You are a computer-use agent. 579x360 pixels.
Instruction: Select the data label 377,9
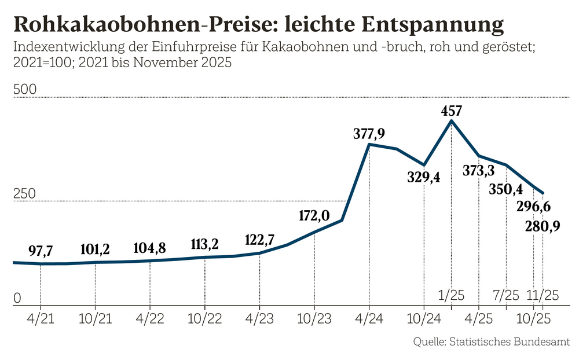click(369, 134)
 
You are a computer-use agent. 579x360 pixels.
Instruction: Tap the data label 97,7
click(41, 251)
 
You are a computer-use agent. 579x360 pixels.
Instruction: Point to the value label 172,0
click(314, 216)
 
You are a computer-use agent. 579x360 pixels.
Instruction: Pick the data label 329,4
click(424, 177)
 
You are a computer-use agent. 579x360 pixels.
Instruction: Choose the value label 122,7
click(259, 240)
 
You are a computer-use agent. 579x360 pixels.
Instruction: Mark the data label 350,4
click(505, 189)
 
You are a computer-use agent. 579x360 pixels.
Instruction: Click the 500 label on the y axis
click(25, 90)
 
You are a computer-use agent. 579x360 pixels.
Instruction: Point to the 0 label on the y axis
click(17, 298)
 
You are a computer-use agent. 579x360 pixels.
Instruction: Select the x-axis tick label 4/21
click(41, 319)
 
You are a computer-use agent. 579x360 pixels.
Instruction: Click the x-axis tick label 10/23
click(314, 319)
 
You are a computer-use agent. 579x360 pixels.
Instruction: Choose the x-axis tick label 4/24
click(369, 319)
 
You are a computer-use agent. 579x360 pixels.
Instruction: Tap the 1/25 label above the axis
click(452, 295)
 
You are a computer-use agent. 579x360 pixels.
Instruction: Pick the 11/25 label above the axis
click(543, 295)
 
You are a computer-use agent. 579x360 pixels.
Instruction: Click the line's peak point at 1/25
click(452, 120)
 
